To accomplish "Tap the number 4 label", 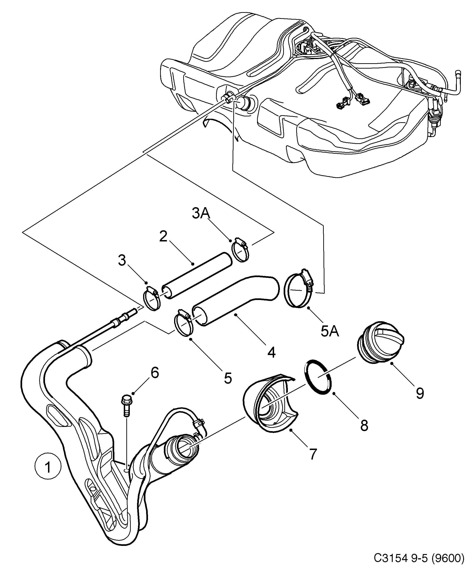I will pyautogui.click(x=272, y=353).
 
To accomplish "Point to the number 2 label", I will pyautogui.click(x=163, y=237).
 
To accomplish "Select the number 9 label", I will pyautogui.click(x=420, y=393).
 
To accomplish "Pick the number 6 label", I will pyautogui.click(x=155, y=373).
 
